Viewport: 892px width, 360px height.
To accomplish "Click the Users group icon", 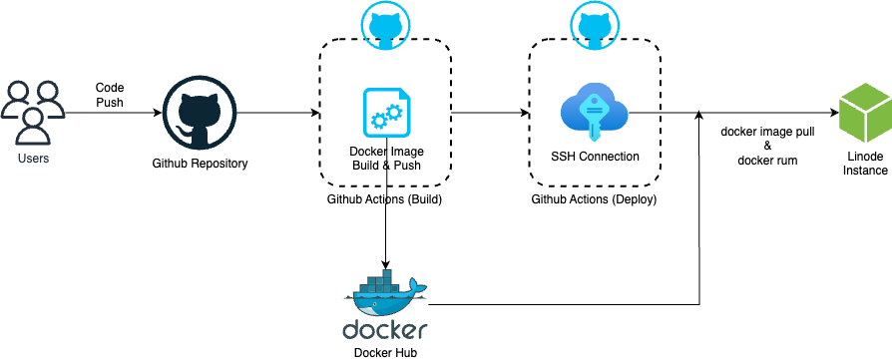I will click(33, 113).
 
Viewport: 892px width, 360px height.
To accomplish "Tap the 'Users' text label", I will click(33, 159).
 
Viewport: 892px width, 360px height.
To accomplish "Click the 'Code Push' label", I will click(110, 95).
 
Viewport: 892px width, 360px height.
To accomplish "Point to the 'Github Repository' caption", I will click(200, 163).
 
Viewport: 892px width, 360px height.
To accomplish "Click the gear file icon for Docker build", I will click(383, 113).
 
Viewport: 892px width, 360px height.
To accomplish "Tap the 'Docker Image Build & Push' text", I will click(384, 158).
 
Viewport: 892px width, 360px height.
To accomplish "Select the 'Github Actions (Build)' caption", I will click(384, 199).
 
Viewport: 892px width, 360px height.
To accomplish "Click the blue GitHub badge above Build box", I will click(384, 25).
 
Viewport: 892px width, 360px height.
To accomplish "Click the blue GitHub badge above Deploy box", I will click(595, 25).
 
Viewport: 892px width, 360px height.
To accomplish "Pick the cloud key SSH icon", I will click(595, 113).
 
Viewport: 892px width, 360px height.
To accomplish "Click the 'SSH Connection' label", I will click(595, 157).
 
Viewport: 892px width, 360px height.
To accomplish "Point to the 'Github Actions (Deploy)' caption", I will click(595, 199).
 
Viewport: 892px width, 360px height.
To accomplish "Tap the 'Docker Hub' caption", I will click(385, 352).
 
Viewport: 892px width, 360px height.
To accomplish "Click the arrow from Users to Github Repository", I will click(110, 114).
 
